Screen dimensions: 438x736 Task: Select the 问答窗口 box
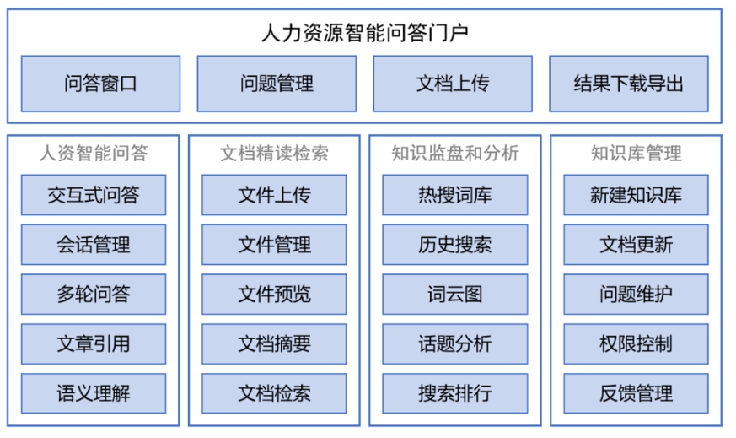100,84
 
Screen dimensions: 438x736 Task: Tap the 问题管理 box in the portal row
277,84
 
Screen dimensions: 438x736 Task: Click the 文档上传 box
453,84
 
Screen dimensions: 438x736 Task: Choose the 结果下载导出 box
629,84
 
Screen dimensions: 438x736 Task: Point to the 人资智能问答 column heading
94,154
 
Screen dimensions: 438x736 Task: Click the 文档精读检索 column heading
274,154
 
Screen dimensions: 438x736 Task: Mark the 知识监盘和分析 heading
455,154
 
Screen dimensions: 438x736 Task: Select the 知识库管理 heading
636,154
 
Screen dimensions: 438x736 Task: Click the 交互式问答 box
94,196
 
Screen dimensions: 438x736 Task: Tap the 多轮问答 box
94,295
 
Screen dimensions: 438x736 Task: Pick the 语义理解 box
94,393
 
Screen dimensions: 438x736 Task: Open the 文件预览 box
274,295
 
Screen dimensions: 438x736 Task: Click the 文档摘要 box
274,343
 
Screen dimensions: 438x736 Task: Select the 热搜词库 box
455,196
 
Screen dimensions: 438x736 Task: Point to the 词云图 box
455,295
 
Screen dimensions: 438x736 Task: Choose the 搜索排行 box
455,393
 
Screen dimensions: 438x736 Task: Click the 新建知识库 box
636,196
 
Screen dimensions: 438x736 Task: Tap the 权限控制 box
636,343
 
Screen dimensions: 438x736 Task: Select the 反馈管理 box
636,393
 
